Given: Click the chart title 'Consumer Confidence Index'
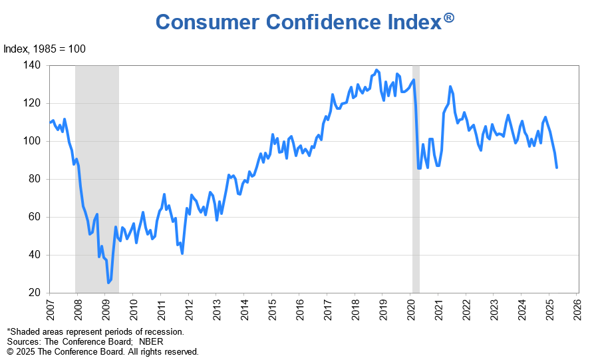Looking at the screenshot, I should (x=297, y=22).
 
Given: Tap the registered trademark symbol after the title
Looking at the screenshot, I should (x=449, y=18).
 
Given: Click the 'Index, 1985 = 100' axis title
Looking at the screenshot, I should (x=45, y=49).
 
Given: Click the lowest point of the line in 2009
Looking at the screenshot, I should (x=108, y=283).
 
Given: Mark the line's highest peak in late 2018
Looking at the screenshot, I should (x=376, y=69).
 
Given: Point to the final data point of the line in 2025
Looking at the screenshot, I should (x=557, y=168).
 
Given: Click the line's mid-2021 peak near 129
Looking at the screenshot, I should (x=450, y=87).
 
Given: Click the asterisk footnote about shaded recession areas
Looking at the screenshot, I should (x=95, y=331).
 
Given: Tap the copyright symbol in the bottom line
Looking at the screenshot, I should (x=10, y=351).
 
